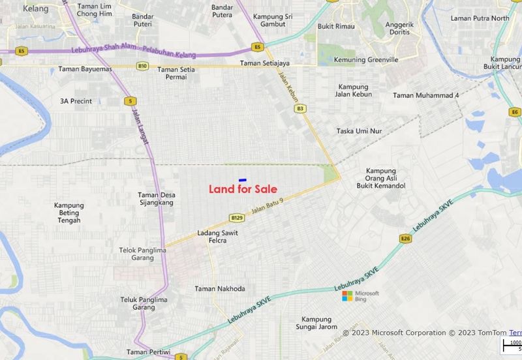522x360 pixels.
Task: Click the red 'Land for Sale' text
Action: click(243, 190)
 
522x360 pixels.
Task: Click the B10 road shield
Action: click(142, 66)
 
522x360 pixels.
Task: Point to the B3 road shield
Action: click(300, 108)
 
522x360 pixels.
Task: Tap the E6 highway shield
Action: click(515, 112)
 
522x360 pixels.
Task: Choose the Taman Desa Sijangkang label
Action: click(156, 199)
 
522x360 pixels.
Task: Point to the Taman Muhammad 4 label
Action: click(426, 95)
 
